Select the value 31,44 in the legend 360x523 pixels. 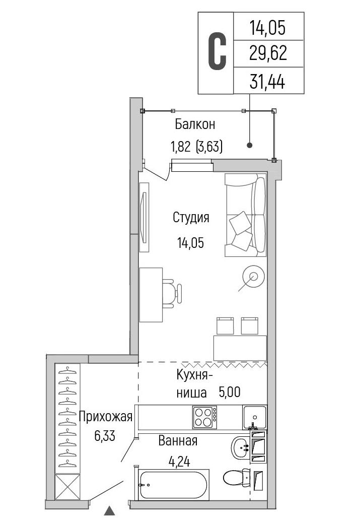(x=267, y=82)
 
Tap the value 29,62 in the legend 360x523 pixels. (x=268, y=53)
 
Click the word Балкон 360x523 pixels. (x=195, y=124)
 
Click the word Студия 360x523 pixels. (x=191, y=218)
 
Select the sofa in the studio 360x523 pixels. (x=246, y=215)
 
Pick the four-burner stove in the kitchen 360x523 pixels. (x=204, y=417)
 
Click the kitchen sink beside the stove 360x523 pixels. (x=255, y=417)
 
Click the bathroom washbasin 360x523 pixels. (x=241, y=447)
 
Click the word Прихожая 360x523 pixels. (x=106, y=417)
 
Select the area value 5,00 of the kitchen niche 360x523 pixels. (x=229, y=392)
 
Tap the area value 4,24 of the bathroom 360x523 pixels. (x=179, y=462)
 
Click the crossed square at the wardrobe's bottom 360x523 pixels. (x=67, y=487)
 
